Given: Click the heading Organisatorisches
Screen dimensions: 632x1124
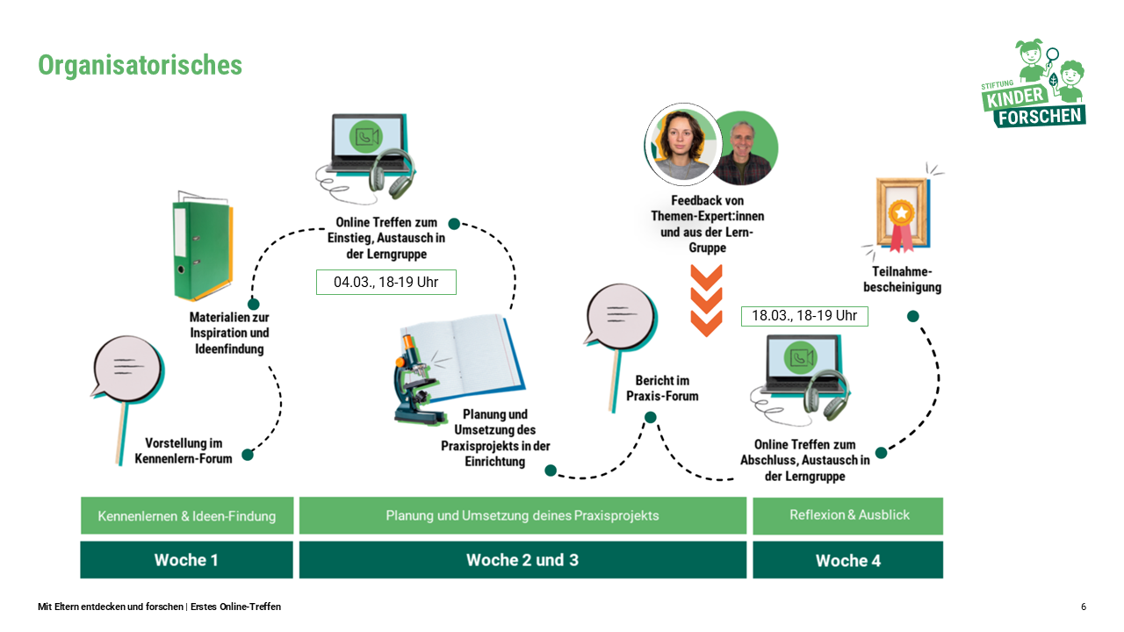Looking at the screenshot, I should point(140,66).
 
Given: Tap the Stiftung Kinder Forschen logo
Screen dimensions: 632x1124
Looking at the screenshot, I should point(1034,85).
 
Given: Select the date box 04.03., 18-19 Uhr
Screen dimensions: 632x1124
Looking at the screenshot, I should point(386,283).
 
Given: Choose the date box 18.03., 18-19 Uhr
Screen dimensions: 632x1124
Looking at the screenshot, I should point(803,316).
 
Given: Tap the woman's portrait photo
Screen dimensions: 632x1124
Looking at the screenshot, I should point(682,143).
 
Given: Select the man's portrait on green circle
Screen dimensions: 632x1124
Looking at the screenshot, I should point(744,148).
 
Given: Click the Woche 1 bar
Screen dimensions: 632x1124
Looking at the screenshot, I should point(186,560).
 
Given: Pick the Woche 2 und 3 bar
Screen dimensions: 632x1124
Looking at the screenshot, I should point(522,560).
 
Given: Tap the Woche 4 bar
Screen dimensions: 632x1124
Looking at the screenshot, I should point(847,560).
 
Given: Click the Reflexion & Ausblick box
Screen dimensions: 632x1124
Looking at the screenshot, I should point(847,515).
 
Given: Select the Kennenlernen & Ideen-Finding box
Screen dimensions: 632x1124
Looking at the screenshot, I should point(186,516).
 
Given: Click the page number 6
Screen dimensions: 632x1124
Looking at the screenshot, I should point(1084,607).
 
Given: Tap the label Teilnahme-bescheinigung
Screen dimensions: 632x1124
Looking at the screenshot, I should point(902,280).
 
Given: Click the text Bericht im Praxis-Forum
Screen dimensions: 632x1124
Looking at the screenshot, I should point(662,388).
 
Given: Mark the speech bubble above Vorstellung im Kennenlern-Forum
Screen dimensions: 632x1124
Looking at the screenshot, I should point(126,372).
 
